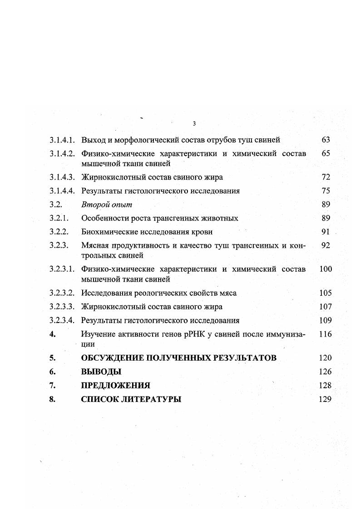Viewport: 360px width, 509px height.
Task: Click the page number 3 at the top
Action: (x=194, y=124)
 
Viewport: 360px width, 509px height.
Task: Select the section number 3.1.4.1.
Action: (x=62, y=140)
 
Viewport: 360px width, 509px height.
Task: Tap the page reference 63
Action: (x=325, y=140)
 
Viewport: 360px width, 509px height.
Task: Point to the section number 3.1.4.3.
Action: (x=62, y=177)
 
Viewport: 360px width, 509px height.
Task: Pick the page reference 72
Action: (x=325, y=177)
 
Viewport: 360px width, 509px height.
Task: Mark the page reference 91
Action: (x=325, y=232)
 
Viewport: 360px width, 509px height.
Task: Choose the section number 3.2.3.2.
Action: (x=62, y=293)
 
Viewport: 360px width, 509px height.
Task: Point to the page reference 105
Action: (x=325, y=293)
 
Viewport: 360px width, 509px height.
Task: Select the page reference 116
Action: (x=325, y=334)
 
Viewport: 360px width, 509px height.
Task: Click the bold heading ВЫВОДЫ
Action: (x=101, y=372)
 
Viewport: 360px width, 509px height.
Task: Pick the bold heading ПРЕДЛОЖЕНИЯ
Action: (x=116, y=386)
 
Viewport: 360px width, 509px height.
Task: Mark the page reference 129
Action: (x=325, y=400)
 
